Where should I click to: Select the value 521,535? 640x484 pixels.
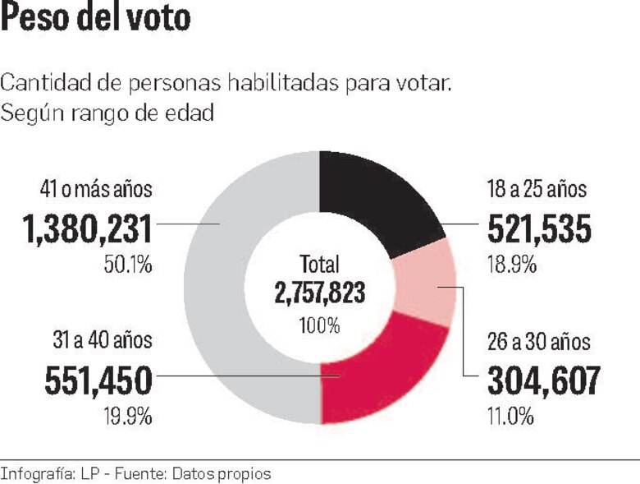pyautogui.click(x=539, y=229)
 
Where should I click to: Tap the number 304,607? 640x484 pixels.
pyautogui.click(x=543, y=380)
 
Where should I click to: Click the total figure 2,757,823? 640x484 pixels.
pyautogui.click(x=319, y=293)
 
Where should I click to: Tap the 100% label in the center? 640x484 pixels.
pyautogui.click(x=319, y=325)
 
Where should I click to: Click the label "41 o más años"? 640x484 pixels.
pyautogui.click(x=95, y=189)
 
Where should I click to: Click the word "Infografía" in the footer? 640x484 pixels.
pyautogui.click(x=37, y=474)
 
